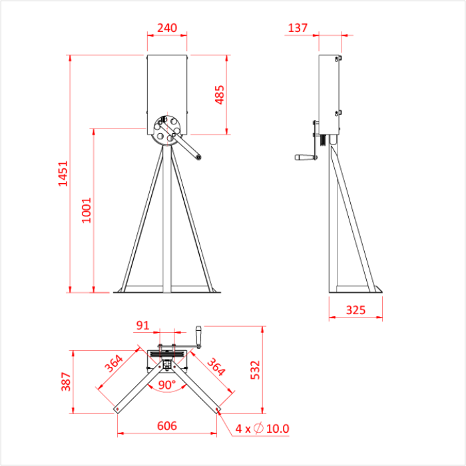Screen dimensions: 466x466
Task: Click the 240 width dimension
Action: pos(166,28)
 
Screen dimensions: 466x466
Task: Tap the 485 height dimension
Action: pos(220,94)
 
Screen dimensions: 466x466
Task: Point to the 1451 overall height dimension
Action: pos(63,174)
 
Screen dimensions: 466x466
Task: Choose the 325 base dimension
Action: pos(356,310)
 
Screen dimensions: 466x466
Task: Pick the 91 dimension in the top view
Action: pos(142,326)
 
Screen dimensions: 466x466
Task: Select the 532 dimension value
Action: pos(255,371)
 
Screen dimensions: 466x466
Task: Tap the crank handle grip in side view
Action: pos(302,158)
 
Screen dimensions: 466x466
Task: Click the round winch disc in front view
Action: pos(164,130)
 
